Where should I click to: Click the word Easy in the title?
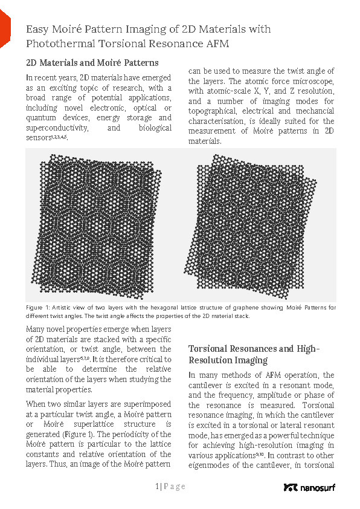pos(38,29)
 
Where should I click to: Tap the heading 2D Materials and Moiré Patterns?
pos(92,62)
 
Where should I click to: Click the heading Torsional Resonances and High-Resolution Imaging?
pos(254,354)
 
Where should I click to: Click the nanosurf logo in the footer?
pos(309,487)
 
